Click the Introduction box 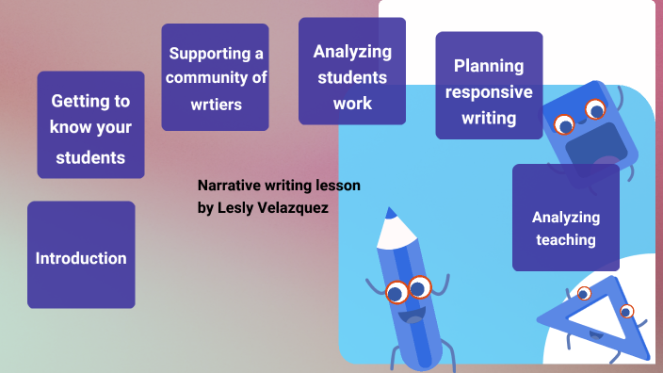81,256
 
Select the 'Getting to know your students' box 90,127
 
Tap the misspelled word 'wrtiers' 215,104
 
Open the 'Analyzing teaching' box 566,228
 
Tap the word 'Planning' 489,65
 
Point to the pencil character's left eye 397,291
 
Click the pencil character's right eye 420,285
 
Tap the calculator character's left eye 565,123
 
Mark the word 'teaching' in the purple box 566,240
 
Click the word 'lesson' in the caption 339,186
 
